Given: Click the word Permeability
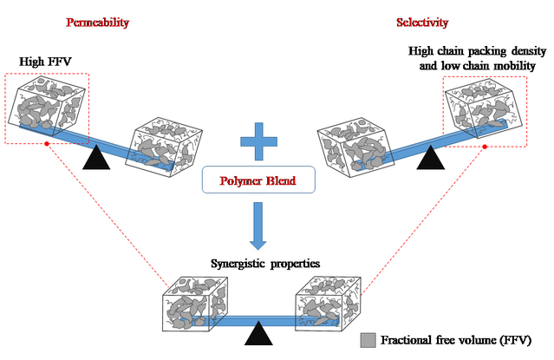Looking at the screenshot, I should click(97, 22).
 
